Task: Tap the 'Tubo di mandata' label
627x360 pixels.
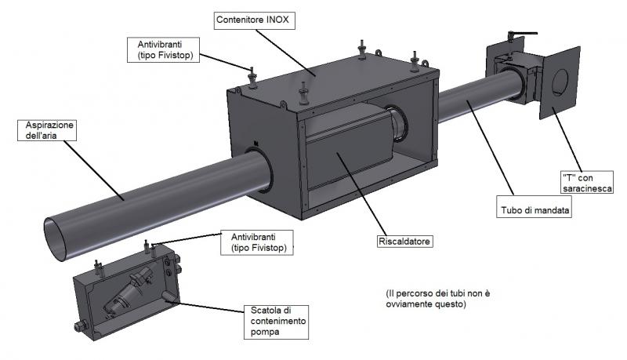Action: tap(535, 210)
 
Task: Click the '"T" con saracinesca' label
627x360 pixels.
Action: tap(587, 183)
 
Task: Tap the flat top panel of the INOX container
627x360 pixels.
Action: tap(329, 78)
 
